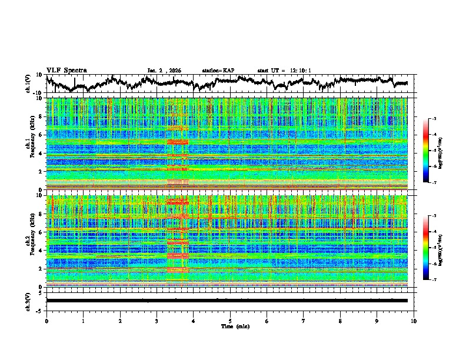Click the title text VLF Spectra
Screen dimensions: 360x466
[x=66, y=70]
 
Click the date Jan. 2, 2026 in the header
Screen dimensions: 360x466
[x=165, y=71]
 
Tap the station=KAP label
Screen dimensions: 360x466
[x=218, y=71]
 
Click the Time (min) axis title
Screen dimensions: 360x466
[x=230, y=326]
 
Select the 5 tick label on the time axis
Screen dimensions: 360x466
[x=230, y=320]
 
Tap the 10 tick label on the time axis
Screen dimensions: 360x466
[x=414, y=320]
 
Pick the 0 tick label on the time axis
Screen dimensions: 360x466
[x=46, y=320]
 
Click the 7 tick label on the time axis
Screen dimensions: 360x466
[x=304, y=320]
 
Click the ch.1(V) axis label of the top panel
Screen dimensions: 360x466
[x=28, y=84]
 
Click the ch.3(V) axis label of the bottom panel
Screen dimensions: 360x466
[x=28, y=301]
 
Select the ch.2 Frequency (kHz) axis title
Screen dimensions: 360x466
[x=28, y=241]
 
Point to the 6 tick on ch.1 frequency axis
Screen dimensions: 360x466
[x=41, y=135]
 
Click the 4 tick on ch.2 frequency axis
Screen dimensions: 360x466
[x=41, y=250]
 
